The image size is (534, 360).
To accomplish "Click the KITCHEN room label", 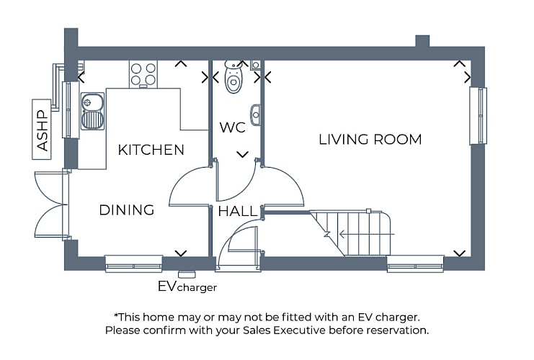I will pyautogui.click(x=151, y=150).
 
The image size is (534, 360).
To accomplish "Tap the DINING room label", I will pyautogui.click(x=127, y=210).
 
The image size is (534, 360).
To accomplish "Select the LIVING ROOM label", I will pyautogui.click(x=370, y=140).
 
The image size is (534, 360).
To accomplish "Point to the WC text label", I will pyautogui.click(x=233, y=128).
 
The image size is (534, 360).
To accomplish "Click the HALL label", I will pyautogui.click(x=237, y=212).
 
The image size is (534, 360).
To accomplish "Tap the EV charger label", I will pyautogui.click(x=187, y=287).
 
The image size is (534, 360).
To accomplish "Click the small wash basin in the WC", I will pyautogui.click(x=256, y=114).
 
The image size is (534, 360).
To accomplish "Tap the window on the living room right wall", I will pyautogui.click(x=478, y=114).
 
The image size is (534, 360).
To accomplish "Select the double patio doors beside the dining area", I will pyautogui.click(x=51, y=205).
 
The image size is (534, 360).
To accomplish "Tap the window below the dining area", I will pyautogui.click(x=133, y=264).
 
